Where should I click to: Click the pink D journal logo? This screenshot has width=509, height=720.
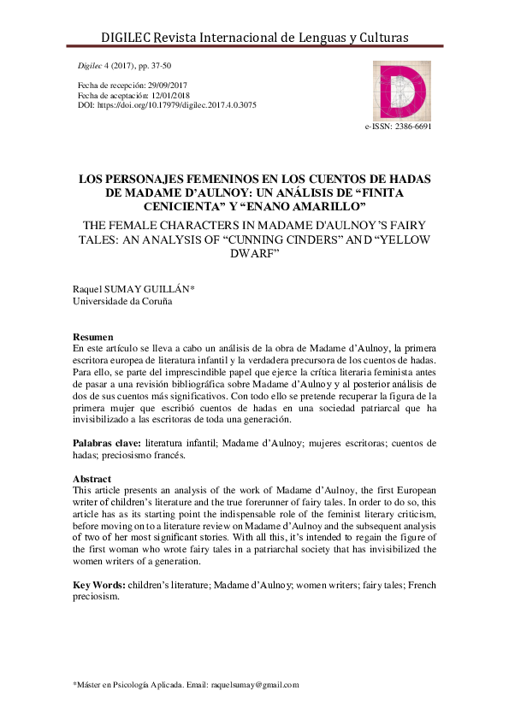tap(400, 90)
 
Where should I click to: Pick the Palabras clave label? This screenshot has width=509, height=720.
tap(107, 443)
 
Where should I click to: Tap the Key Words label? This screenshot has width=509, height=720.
tap(100, 585)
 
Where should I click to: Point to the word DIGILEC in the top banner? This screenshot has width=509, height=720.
tap(129, 38)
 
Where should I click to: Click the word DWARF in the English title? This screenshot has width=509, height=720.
tap(254, 255)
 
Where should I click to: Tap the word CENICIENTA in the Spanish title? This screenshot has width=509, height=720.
tap(186, 207)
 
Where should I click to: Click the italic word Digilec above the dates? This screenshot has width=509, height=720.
tap(90, 66)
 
